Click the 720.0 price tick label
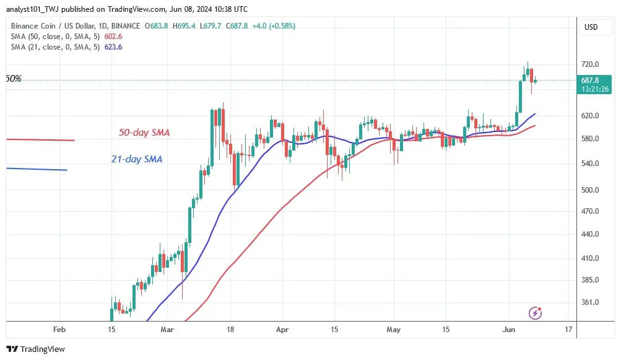coord(589,64)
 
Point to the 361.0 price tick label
coord(589,302)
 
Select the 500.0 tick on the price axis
coord(589,190)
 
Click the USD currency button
coord(591,27)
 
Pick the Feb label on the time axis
coord(59,329)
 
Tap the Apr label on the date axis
coord(282,329)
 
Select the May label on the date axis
coord(394,329)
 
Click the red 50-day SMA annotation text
coord(144,133)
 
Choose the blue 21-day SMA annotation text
coord(137,159)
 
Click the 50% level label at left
coord(14,79)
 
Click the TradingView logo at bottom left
coord(35,349)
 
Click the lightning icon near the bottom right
coord(535,313)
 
